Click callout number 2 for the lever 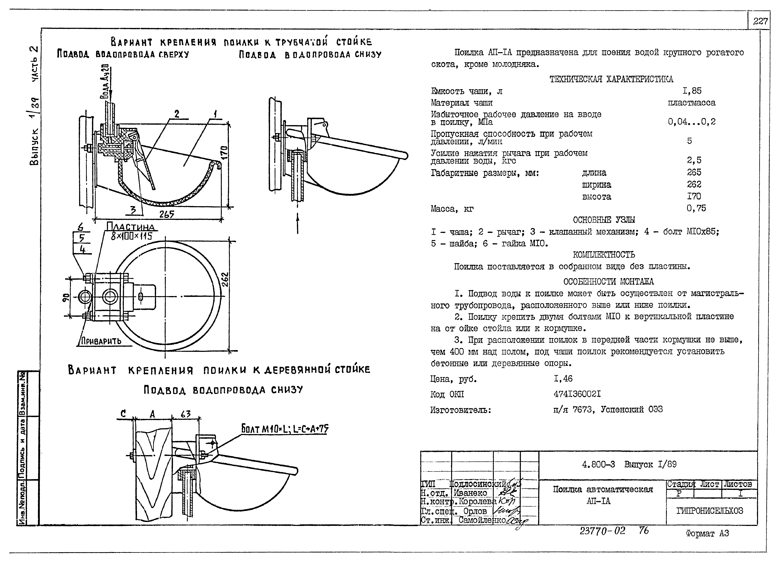(177, 114)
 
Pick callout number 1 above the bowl (215, 114)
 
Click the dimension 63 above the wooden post (186, 414)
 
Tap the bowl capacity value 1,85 (692, 91)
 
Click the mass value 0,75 (696, 208)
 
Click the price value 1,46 (563, 379)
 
